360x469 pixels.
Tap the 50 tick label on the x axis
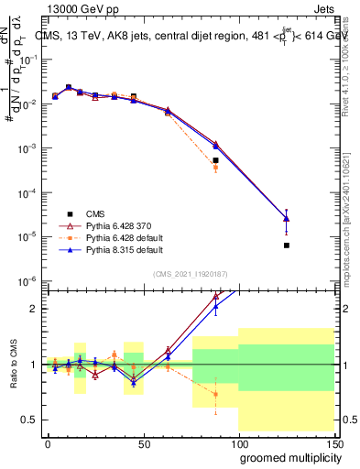pos(142,442)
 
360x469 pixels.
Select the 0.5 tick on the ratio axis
pos(32,420)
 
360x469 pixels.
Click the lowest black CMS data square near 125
pos(287,245)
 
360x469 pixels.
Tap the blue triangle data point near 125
pos(287,218)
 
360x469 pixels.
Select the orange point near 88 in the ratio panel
pos(215,394)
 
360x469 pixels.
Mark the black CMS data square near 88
pos(215,160)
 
